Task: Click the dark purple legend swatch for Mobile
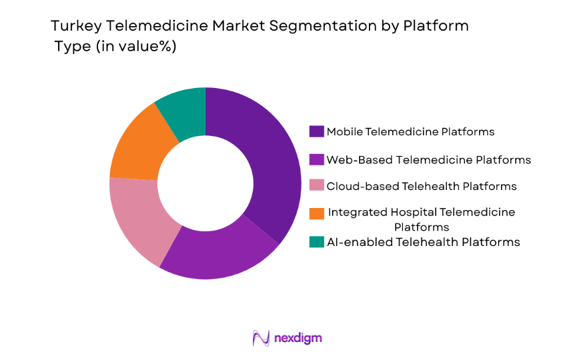coord(317,131)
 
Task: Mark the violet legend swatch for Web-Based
coord(317,159)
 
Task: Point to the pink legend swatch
coord(317,186)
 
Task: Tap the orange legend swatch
coord(317,213)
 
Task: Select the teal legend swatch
coord(317,242)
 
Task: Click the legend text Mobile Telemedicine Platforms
coord(410,131)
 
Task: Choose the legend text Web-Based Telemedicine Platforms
coord(428,159)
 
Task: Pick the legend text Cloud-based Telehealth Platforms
coord(421,186)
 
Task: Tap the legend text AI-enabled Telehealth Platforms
coord(423,242)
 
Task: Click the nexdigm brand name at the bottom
coord(298,338)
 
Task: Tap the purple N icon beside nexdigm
coord(261,338)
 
